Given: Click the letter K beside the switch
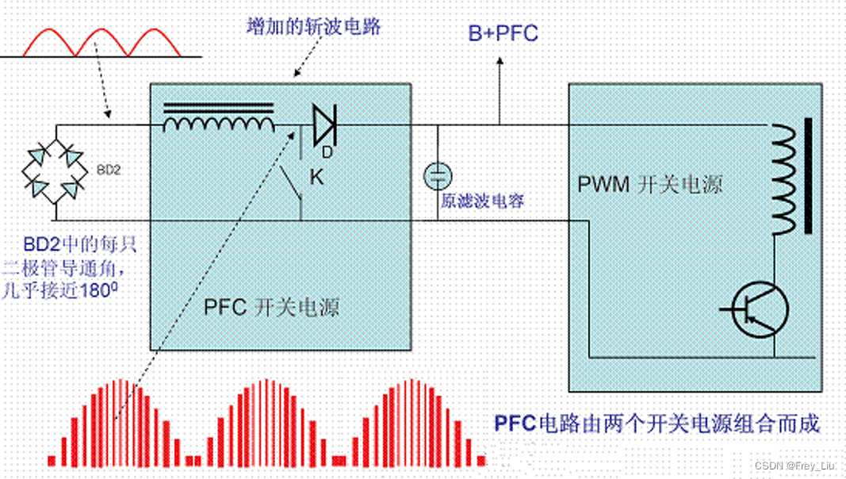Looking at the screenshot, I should (x=316, y=178).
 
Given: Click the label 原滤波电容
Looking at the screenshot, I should (x=483, y=201).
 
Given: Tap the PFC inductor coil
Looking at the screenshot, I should (x=219, y=123).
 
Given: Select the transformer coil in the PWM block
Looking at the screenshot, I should (x=783, y=179).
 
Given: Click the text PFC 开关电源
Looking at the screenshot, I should (x=271, y=307).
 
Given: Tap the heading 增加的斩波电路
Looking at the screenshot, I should (x=314, y=26).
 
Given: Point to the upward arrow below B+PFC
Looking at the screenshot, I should (x=500, y=87).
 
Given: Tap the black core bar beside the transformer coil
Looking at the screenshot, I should (x=807, y=176).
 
